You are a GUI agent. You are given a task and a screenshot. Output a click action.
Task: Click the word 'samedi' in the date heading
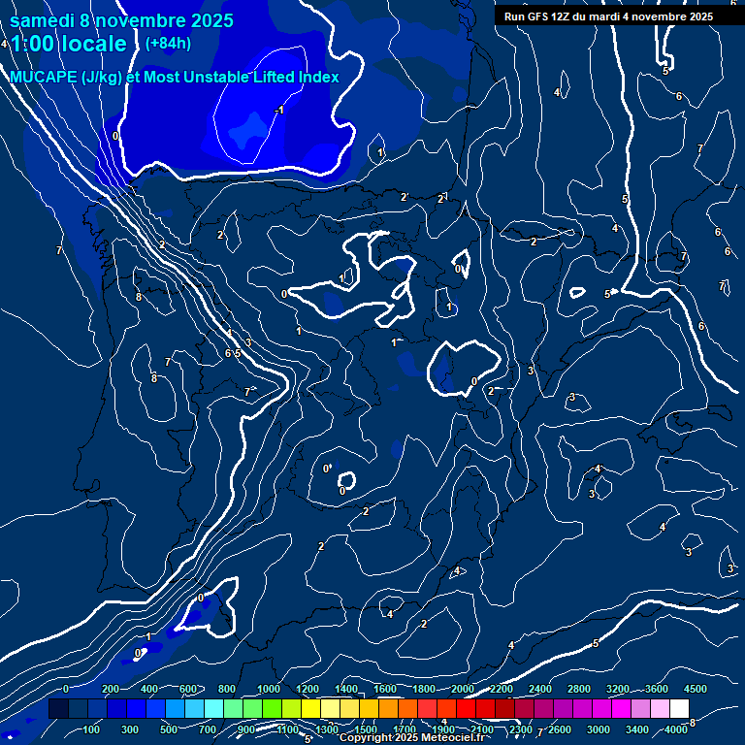(42, 19)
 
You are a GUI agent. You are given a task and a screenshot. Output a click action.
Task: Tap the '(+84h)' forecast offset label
(168, 43)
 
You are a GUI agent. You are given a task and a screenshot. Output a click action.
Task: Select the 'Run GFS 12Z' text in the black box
(539, 16)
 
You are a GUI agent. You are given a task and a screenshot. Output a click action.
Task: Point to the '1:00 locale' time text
(68, 44)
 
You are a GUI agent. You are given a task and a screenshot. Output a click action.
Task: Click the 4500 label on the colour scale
(696, 689)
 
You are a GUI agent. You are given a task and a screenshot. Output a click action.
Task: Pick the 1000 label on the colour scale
(269, 689)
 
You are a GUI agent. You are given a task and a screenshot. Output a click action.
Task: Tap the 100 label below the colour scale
(91, 729)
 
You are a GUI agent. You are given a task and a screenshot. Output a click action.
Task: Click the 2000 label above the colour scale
(463, 689)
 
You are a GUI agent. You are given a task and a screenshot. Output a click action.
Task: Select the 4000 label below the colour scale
(676, 729)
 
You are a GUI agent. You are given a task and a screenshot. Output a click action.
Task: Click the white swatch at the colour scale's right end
(679, 709)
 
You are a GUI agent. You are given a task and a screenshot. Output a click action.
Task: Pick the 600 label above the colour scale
(188, 689)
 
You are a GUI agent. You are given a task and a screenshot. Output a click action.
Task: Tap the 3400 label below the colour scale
(637, 729)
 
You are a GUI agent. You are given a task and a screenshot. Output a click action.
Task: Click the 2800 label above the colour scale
(579, 689)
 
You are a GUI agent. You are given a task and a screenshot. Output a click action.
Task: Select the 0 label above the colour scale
(66, 689)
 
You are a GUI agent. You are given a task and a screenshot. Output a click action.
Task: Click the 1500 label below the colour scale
(366, 729)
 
